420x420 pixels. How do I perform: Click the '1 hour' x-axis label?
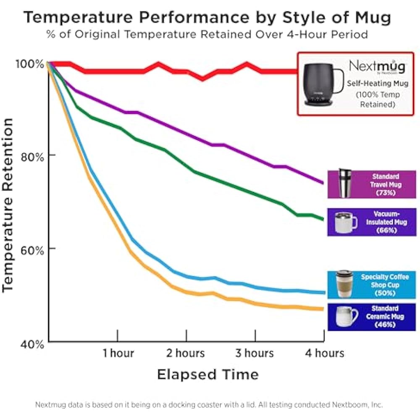[118, 353]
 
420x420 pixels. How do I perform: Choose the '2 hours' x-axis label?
[185, 353]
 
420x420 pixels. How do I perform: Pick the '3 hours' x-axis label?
[255, 353]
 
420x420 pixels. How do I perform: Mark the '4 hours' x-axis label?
[324, 353]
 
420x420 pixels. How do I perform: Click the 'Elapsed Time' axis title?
[207, 374]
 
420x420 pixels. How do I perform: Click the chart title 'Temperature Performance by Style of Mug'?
[207, 18]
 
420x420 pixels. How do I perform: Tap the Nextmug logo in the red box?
[378, 67]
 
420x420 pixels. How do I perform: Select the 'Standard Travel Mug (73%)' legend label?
[386, 184]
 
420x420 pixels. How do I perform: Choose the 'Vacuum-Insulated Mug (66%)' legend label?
[386, 222]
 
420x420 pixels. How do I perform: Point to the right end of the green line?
[323, 219]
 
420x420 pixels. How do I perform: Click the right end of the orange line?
[323, 309]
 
